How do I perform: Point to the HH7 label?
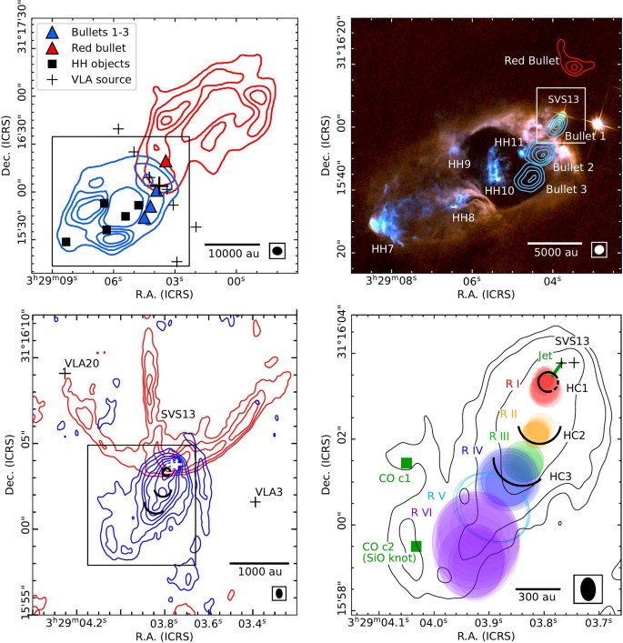click(382, 248)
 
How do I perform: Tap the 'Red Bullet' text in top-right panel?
click(530, 61)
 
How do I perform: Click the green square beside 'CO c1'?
click(407, 463)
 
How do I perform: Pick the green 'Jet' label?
click(546, 356)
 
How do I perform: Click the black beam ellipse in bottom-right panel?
click(588, 588)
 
